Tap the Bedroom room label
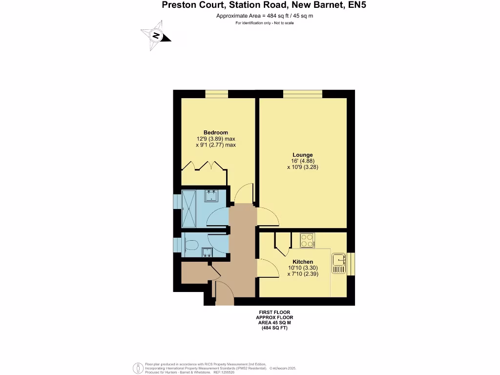[x=216, y=132]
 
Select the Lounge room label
[x=303, y=155]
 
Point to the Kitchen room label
[x=303, y=262]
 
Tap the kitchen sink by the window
[x=338, y=264]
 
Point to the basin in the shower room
[x=211, y=196]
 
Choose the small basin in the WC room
[x=207, y=252]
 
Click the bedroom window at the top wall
[x=216, y=94]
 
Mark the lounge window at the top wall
[x=302, y=94]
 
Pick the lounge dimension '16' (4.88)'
[x=303, y=161]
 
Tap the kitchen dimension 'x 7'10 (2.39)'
[x=303, y=274]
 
